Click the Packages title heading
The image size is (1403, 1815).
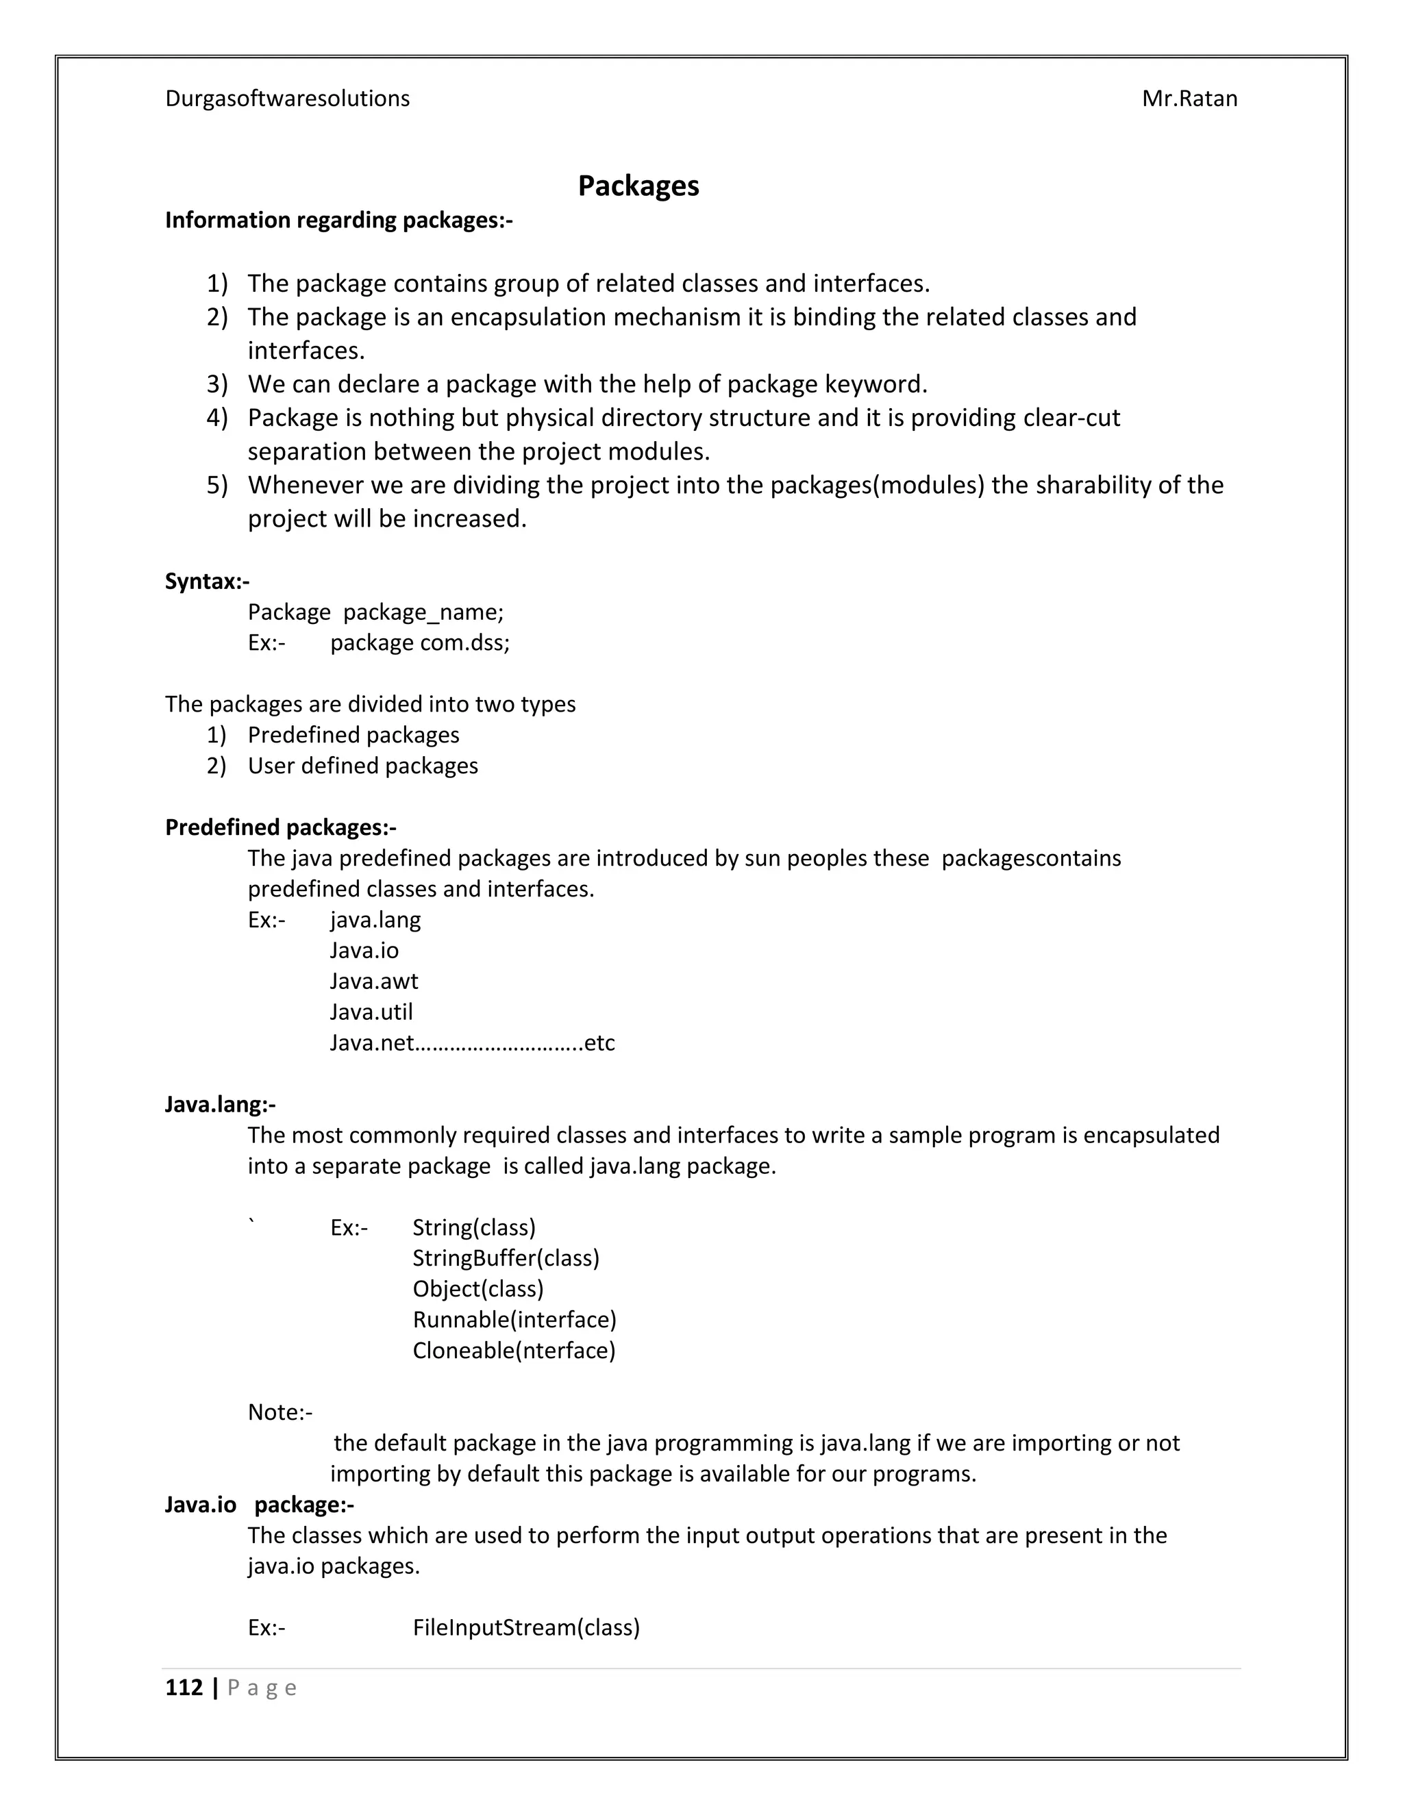[x=638, y=186]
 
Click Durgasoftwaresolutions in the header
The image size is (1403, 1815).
[x=287, y=98]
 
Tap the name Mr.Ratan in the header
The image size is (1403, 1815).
[x=1189, y=98]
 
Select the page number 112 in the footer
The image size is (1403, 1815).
[x=184, y=1687]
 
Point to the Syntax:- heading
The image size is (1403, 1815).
[x=207, y=581]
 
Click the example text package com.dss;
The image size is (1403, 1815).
[x=420, y=642]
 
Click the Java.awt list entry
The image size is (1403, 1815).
[x=373, y=981]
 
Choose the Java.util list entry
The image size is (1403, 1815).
[x=371, y=1012]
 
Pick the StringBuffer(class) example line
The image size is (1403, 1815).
[x=506, y=1257]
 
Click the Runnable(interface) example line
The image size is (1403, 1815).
[x=514, y=1319]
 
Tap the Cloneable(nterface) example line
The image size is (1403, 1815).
[x=514, y=1350]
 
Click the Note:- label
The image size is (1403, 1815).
[x=280, y=1412]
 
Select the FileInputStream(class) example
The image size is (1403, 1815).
[x=526, y=1627]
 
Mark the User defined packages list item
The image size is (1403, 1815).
[x=362, y=766]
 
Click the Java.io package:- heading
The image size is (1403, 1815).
[x=260, y=1504]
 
